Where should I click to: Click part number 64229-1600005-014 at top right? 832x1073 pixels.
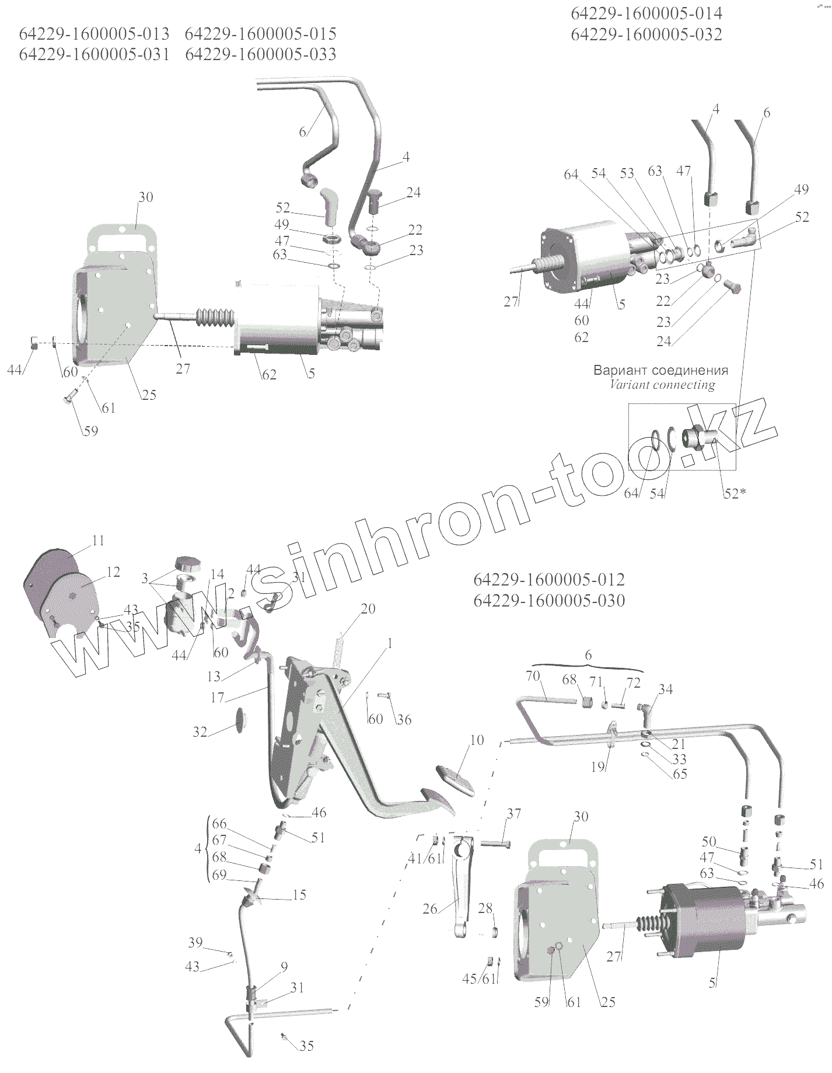click(x=646, y=13)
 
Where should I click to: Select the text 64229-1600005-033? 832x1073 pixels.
click(x=260, y=54)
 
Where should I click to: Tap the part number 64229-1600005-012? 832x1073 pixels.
click(x=549, y=580)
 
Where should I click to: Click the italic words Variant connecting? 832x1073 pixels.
click(x=662, y=385)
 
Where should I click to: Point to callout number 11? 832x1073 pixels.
click(x=98, y=541)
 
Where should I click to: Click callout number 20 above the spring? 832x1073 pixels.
click(x=368, y=608)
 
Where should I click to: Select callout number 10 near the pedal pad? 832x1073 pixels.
click(x=476, y=740)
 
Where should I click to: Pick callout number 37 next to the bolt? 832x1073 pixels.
click(x=513, y=814)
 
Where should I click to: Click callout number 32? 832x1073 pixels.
click(x=200, y=731)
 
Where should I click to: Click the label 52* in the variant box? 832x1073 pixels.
click(x=735, y=493)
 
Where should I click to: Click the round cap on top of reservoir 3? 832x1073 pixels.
click(x=187, y=565)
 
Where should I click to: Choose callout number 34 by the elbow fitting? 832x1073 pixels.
click(x=665, y=689)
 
